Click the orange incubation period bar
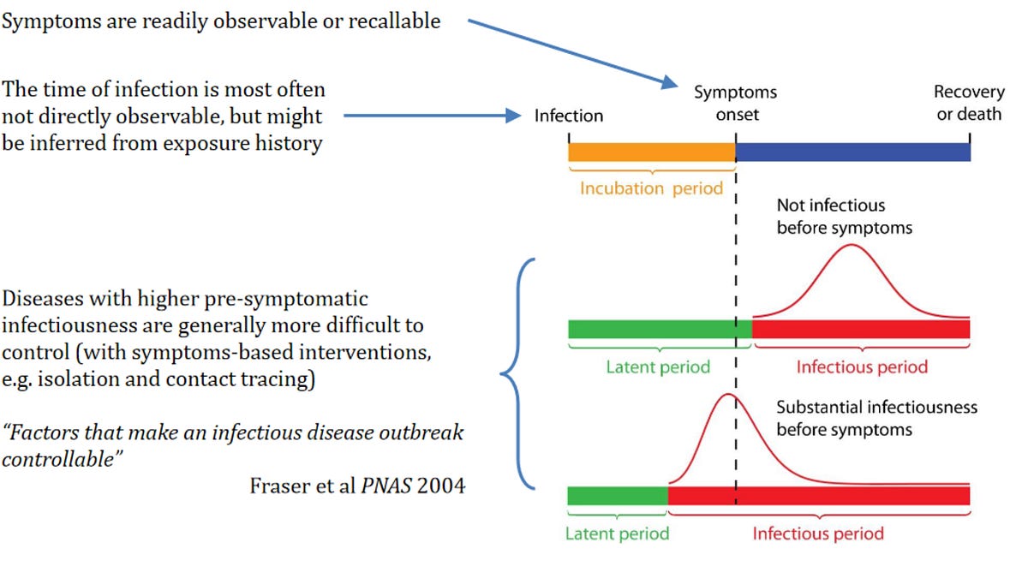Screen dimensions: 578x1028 (x=651, y=152)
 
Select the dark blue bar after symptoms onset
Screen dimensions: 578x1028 (x=852, y=152)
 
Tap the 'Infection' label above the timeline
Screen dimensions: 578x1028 (x=569, y=116)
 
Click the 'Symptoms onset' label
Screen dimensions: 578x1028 (x=735, y=104)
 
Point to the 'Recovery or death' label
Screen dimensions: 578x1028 (x=968, y=104)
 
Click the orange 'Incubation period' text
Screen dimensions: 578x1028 (x=651, y=188)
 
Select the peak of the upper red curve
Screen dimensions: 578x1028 (x=852, y=246)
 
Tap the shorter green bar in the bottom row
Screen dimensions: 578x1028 (x=617, y=496)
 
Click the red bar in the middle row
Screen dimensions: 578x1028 (x=861, y=329)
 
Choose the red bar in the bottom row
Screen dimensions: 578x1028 (x=818, y=496)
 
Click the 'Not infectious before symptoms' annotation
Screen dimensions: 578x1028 (x=844, y=217)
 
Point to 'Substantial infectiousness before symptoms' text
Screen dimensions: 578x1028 (x=876, y=418)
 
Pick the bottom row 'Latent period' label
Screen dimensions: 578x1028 (x=617, y=533)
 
